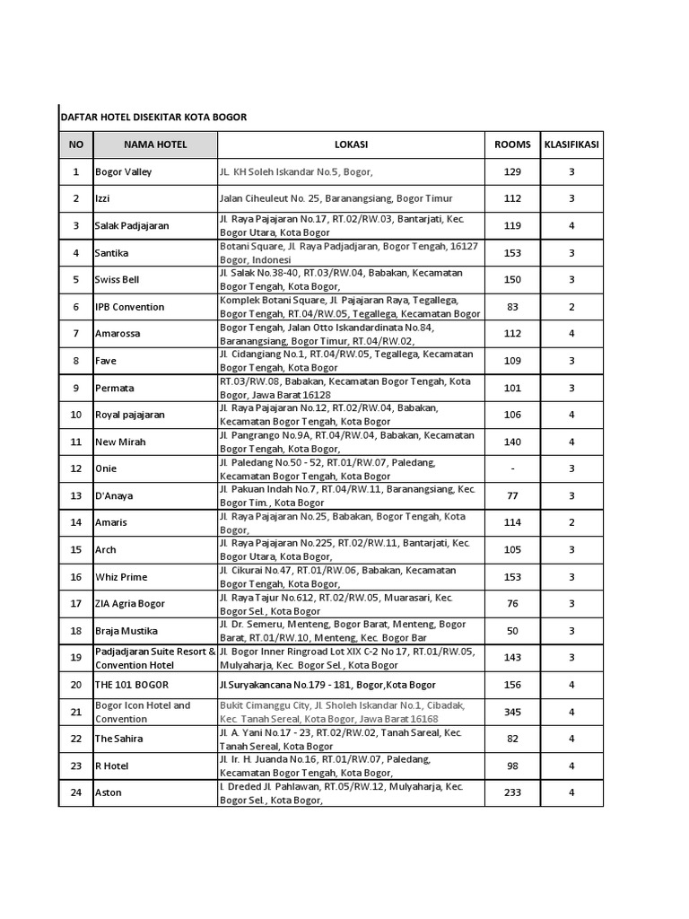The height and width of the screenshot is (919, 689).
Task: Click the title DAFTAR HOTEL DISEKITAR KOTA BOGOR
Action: coord(153,118)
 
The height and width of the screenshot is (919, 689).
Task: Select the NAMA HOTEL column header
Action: coord(154,144)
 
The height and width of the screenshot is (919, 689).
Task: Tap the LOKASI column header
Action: coord(351,144)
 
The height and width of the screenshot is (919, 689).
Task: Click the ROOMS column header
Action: coord(512,144)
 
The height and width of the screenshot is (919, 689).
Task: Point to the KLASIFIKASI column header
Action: coord(571,144)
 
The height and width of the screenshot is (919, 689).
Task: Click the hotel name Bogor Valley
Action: coord(124,171)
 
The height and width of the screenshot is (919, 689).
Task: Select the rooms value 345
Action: coord(512,712)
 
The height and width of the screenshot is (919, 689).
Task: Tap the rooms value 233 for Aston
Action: coord(512,792)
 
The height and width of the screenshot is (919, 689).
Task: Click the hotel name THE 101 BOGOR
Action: coord(127,685)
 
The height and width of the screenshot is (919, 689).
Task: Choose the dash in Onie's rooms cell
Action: coord(512,468)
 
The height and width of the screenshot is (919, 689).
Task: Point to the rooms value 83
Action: coord(512,307)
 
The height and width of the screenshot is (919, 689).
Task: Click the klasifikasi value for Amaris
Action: coord(571,522)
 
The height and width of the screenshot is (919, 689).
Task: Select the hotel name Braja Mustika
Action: coord(127,631)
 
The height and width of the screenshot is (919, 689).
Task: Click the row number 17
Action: coord(75,604)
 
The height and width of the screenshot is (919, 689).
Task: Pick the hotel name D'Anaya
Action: coord(114,495)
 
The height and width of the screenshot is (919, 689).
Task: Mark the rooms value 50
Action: coord(512,631)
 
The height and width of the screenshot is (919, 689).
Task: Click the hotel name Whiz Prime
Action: coord(121,577)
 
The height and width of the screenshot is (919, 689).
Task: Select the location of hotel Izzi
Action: coord(336,198)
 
